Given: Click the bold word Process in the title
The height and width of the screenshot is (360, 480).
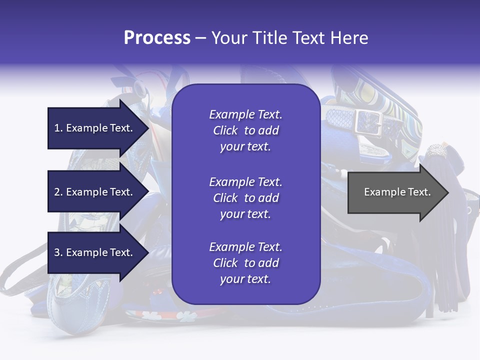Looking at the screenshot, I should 157,38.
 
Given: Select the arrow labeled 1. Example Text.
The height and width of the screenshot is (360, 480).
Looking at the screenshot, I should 95,128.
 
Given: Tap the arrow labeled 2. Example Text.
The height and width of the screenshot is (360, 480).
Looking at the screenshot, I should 95,192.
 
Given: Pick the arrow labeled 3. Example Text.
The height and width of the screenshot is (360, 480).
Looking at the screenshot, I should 95,252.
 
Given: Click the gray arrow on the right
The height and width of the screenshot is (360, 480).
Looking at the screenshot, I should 395,192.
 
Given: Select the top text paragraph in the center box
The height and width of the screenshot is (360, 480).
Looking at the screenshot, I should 245,130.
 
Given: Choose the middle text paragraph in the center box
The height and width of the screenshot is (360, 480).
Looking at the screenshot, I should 245,198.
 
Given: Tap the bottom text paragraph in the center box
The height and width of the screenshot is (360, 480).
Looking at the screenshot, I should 245,263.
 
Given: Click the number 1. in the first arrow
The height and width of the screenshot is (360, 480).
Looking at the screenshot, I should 58,128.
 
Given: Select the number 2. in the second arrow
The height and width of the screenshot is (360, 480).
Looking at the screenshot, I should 58,192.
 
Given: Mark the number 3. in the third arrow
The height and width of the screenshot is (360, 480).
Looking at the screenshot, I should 58,252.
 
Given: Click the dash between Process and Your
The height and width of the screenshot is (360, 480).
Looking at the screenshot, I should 200,38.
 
